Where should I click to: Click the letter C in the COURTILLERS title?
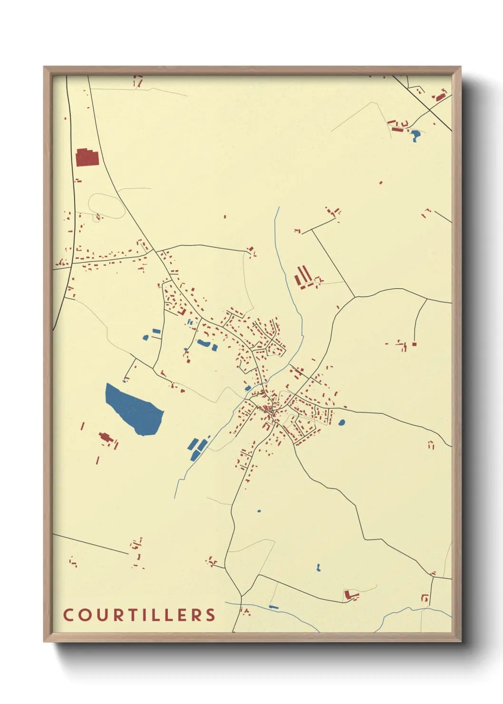(68, 615)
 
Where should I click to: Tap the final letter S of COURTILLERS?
(210, 615)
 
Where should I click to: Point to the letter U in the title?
(98, 615)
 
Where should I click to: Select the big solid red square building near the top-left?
(87, 157)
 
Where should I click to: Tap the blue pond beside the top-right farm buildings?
(416, 136)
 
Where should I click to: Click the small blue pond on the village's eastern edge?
(341, 422)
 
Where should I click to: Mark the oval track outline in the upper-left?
(106, 206)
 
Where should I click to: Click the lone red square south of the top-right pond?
(381, 182)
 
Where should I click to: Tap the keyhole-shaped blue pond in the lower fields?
(318, 567)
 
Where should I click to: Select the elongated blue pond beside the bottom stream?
(273, 607)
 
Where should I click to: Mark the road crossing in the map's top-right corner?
(429, 109)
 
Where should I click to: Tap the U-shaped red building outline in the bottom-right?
(425, 597)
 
